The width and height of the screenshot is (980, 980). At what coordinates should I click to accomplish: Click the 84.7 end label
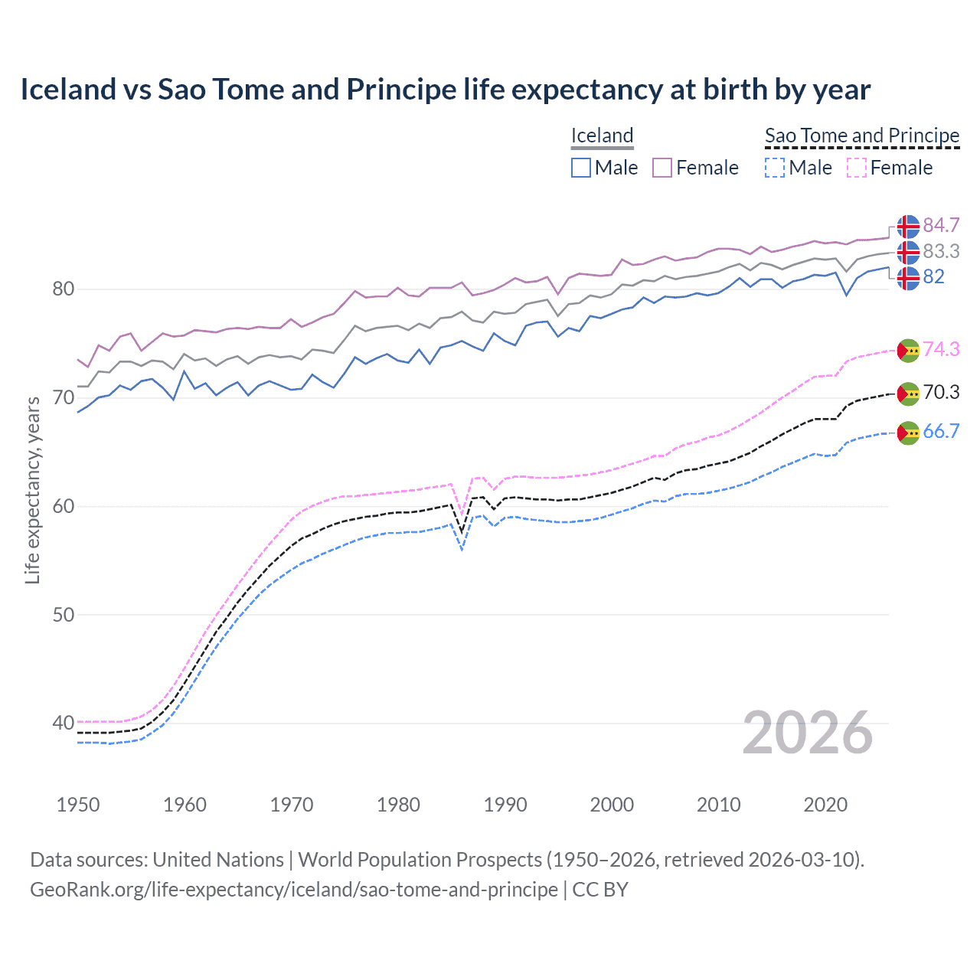(x=941, y=225)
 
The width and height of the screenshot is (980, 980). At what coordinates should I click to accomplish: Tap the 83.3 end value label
(x=941, y=251)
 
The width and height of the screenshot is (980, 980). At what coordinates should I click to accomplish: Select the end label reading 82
(x=933, y=276)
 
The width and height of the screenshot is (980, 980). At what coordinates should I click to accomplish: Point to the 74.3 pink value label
(x=941, y=349)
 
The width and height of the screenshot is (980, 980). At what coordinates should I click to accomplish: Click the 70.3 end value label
(x=941, y=393)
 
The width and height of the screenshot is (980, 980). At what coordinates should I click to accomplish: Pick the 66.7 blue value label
(x=941, y=431)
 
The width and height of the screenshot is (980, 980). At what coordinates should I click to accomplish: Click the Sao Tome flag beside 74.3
(x=908, y=350)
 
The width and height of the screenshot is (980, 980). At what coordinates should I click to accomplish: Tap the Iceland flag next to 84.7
(x=908, y=227)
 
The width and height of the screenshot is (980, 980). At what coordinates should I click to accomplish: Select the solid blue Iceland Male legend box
(x=581, y=168)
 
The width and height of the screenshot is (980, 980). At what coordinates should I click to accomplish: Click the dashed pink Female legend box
(x=857, y=168)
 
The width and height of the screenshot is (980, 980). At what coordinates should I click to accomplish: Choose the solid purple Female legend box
(x=662, y=168)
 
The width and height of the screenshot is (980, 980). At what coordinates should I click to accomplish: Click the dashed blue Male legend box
(x=775, y=168)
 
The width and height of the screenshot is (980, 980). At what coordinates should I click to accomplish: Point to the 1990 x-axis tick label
(x=505, y=805)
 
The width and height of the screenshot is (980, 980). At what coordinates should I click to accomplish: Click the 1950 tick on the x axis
(x=78, y=805)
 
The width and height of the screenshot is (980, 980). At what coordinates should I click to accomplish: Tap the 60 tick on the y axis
(x=64, y=506)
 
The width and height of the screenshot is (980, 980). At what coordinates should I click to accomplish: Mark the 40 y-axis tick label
(x=64, y=723)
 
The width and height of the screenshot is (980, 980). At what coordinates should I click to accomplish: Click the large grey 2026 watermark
(x=807, y=733)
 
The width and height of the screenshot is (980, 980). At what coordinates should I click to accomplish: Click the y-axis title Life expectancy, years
(x=32, y=490)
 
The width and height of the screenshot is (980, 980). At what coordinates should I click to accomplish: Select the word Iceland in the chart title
(x=67, y=90)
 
